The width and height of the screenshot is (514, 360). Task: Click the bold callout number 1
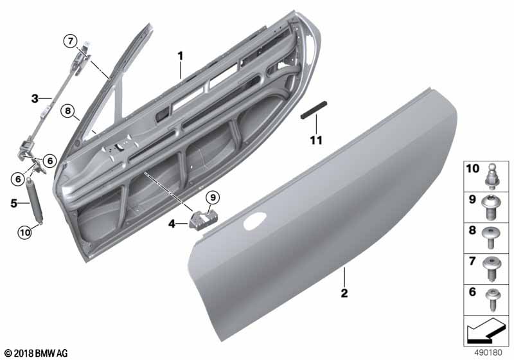point(181,56)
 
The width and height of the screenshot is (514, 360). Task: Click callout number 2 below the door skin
point(344,293)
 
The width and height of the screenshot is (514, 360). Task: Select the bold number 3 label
point(35,98)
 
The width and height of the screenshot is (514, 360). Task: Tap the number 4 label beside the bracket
point(172,224)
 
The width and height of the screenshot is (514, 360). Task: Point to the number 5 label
point(13,203)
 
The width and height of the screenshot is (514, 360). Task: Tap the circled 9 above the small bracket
point(213,196)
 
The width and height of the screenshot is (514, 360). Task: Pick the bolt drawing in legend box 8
point(493,236)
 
